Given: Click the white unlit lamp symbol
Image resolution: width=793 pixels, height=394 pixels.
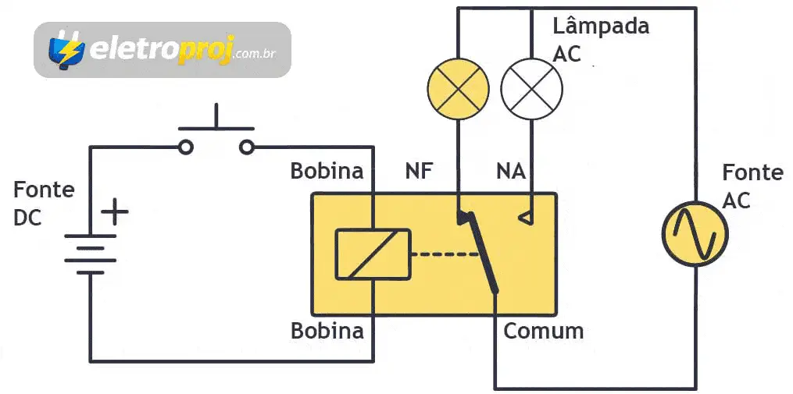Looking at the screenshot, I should point(531,88).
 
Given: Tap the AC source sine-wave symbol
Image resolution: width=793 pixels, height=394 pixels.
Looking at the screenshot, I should point(695,233).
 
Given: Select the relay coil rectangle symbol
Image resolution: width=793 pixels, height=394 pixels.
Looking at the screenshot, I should point(373,254).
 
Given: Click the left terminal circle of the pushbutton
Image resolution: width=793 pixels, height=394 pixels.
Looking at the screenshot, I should point(186,146).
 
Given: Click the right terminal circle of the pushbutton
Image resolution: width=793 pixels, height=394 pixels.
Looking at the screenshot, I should point(247,146).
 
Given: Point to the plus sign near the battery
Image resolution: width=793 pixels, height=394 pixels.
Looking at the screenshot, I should point(115,211).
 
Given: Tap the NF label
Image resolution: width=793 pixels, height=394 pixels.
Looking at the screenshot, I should point(419,171).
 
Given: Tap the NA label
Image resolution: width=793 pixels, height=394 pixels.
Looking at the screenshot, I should point(510,171).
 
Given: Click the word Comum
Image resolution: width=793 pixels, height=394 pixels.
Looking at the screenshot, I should point(543,331).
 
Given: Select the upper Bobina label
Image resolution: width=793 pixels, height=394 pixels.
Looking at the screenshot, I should point(327,171).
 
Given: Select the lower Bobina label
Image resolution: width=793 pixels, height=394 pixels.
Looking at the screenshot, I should point(327,331).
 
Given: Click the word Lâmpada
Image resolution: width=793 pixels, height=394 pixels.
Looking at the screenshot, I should point(600,26).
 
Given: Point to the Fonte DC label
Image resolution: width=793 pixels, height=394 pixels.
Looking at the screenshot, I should point(44,203).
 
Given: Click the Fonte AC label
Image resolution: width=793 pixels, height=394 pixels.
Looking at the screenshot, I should point(752,186).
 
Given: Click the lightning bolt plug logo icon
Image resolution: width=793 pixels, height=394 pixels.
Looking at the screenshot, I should point(66,49).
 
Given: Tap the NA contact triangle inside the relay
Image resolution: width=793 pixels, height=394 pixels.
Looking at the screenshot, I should point(526,218).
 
